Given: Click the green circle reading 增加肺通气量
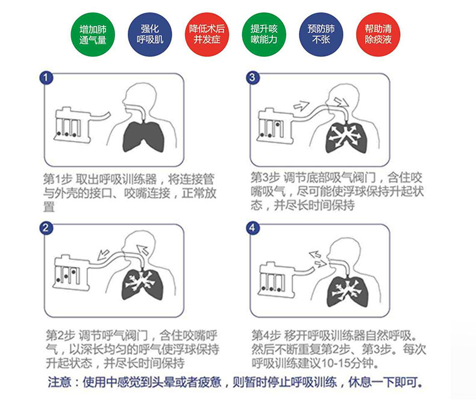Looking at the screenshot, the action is pos(93,34).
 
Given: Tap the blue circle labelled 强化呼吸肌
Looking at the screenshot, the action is pos(150,34).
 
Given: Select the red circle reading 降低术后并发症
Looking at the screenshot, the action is pos(207,34).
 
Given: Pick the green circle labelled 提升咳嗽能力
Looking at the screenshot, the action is pos(264,34).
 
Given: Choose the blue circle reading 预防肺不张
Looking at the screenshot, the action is pos(321,34).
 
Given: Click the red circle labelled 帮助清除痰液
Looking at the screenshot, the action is pos(378,34).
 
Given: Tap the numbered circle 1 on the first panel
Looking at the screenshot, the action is pos(46,78).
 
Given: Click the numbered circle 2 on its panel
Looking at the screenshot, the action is pos(46,228).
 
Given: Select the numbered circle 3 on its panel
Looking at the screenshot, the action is pos(252,78).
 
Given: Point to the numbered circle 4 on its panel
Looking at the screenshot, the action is pos(252,228).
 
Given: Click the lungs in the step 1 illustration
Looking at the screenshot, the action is pos(143,136).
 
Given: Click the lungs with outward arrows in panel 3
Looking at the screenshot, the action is pos(346,137).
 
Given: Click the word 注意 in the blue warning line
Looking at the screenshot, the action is pos(60,382).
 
